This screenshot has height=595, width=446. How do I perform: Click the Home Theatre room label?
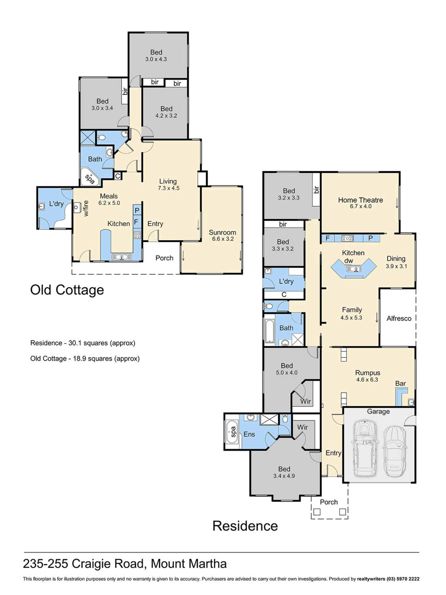point(360,200)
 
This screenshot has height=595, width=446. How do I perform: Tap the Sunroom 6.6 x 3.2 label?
point(222,235)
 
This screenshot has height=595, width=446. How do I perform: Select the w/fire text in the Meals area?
point(86,208)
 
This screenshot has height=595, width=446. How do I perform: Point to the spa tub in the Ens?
point(232,432)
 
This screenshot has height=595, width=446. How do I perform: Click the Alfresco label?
point(399,318)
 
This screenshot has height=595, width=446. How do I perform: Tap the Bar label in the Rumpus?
point(400,383)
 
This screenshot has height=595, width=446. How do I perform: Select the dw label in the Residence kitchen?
point(348,261)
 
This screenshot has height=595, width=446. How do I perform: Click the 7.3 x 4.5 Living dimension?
point(169,188)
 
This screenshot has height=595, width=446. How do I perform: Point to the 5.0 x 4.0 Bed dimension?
point(286,372)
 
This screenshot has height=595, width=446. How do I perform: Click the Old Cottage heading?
point(67,290)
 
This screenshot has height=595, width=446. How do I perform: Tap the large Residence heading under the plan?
point(245,526)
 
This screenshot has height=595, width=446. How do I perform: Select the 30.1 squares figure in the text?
point(88,343)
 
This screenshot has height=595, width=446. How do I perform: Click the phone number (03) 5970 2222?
point(403,579)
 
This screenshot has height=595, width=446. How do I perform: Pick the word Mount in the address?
point(168,564)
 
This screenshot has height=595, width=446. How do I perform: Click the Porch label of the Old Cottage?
point(164,258)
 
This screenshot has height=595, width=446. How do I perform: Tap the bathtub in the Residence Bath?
point(270,331)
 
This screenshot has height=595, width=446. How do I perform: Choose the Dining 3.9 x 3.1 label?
point(396,262)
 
